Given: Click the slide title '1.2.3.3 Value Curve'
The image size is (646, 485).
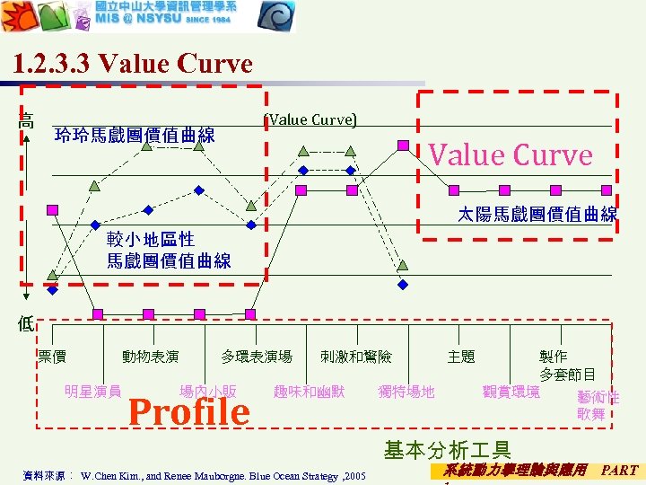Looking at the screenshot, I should click(134, 65).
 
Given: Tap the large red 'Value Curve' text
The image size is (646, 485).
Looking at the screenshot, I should click(511, 154).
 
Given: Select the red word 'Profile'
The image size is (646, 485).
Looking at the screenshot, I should click(189, 411).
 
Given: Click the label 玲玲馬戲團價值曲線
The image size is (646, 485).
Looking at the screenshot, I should click(135, 136).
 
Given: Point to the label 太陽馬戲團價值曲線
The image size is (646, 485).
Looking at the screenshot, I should click(537, 215).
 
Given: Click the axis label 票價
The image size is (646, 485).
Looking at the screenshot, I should click(52, 357).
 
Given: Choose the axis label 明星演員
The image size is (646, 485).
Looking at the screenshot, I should click(93, 391).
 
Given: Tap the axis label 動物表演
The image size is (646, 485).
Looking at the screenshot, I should click(151, 357).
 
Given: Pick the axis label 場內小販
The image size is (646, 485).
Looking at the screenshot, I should click(208, 391).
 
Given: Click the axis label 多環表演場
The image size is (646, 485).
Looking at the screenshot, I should click(257, 357).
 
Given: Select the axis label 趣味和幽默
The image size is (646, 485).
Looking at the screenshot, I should click(309, 391).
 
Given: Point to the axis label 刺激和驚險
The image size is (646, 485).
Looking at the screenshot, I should click(356, 357).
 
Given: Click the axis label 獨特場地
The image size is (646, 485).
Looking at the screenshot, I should click(406, 391).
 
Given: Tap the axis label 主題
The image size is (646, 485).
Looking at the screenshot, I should click(461, 357).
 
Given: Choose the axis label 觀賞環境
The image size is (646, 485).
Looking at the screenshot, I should click(511, 391).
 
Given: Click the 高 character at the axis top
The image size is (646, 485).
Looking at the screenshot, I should click(27, 120).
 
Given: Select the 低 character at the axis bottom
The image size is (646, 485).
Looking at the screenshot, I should click(26, 324).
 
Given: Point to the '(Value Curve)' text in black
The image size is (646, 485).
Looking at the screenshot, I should click(311, 119).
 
